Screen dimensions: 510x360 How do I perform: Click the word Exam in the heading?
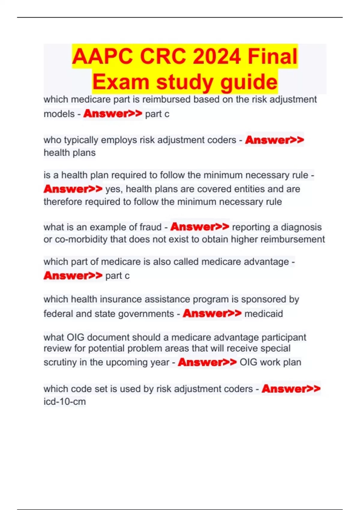coord(121,82)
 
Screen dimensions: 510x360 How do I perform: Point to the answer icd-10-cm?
coord(64,401)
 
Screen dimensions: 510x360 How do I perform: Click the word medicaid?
coord(264,314)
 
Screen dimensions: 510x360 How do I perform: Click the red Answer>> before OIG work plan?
coord(207,362)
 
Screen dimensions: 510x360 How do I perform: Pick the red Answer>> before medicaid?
coord(212,313)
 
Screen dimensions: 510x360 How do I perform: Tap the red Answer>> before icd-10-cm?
coord(291,389)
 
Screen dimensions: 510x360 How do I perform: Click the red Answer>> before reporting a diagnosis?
coord(200,227)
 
